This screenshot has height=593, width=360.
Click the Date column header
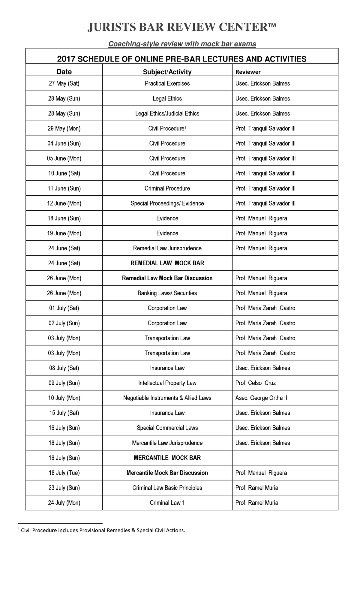pos(64,72)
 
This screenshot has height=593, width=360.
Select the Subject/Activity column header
pos(167,72)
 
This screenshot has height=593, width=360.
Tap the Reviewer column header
pos(248,72)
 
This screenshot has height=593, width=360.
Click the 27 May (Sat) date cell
pos(64,83)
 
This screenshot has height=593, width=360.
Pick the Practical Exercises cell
pos(167,83)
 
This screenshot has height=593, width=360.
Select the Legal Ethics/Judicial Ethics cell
pos(167,113)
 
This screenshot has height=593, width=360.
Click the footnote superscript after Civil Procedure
pos(185,127)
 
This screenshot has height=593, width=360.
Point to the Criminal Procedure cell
pos(167,188)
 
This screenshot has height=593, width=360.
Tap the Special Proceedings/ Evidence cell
pos(167,203)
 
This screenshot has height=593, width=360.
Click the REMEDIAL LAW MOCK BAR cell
pos(167,263)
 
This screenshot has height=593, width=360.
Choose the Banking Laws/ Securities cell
pos(167,293)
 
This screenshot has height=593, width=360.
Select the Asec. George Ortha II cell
pos(261,398)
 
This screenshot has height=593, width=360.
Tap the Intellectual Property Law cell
pos(167,383)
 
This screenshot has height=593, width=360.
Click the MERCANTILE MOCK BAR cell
pos(167,458)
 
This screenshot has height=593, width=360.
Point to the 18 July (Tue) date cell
pos(64,473)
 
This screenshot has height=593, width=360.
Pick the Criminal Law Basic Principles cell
pos(167,488)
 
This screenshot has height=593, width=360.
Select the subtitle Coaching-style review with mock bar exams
pos(182,44)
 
